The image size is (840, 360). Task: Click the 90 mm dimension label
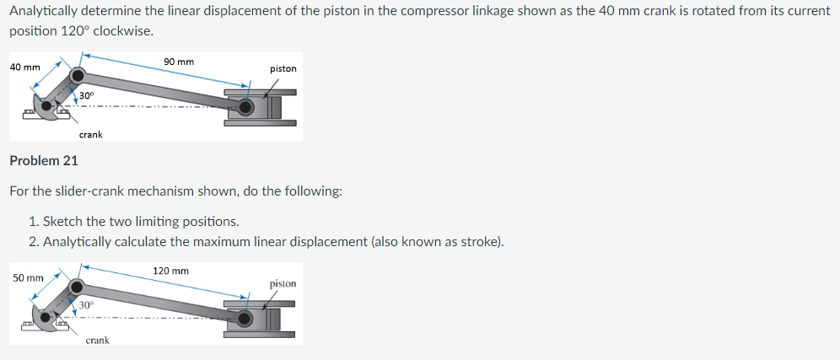click(179, 62)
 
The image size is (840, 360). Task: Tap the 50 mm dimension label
click(29, 277)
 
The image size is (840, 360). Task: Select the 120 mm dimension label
click(170, 271)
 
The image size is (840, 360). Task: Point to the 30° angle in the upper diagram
click(86, 97)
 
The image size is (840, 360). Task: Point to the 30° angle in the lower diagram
click(86, 305)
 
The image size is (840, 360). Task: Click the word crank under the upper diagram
click(91, 134)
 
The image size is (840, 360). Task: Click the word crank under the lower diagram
click(97, 340)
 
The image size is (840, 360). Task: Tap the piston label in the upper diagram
click(283, 68)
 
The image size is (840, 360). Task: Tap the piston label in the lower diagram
click(283, 283)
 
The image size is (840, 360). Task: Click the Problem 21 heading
click(43, 160)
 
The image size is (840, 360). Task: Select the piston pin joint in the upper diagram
click(245, 108)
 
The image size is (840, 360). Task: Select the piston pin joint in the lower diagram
click(245, 319)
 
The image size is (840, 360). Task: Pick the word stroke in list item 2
click(478, 243)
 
